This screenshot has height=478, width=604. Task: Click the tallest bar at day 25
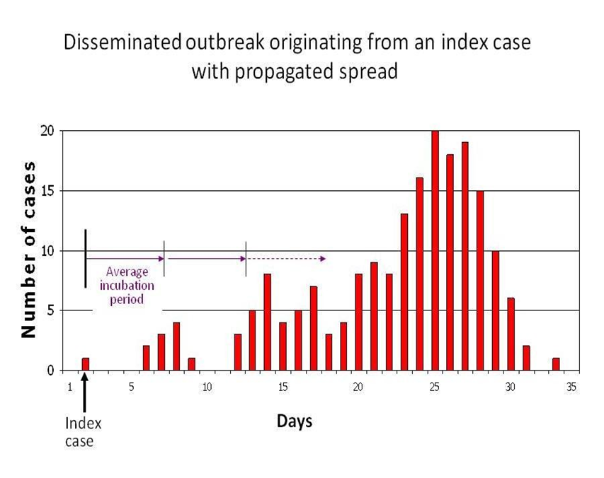[435, 251]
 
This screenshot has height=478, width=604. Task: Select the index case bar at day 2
[85, 364]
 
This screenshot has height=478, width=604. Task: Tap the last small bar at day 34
[556, 364]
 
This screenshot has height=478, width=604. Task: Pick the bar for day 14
[268, 322]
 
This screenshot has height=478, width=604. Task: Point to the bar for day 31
[526, 358]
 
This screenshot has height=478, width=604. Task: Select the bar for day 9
[191, 364]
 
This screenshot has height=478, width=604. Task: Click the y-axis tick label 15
[47, 191]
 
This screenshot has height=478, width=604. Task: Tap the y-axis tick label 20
[47, 131]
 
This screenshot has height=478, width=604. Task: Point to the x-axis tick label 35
[571, 387]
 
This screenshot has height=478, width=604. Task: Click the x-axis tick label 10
[207, 387]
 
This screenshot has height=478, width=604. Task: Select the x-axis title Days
[294, 422]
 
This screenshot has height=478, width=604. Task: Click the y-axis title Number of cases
[29, 251]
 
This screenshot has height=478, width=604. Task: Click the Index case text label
[84, 432]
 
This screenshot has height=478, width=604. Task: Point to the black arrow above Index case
[85, 392]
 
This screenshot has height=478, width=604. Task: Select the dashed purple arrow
[286, 259]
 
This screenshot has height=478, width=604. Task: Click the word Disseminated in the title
[123, 42]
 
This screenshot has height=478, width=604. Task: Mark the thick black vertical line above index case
[86, 258]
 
